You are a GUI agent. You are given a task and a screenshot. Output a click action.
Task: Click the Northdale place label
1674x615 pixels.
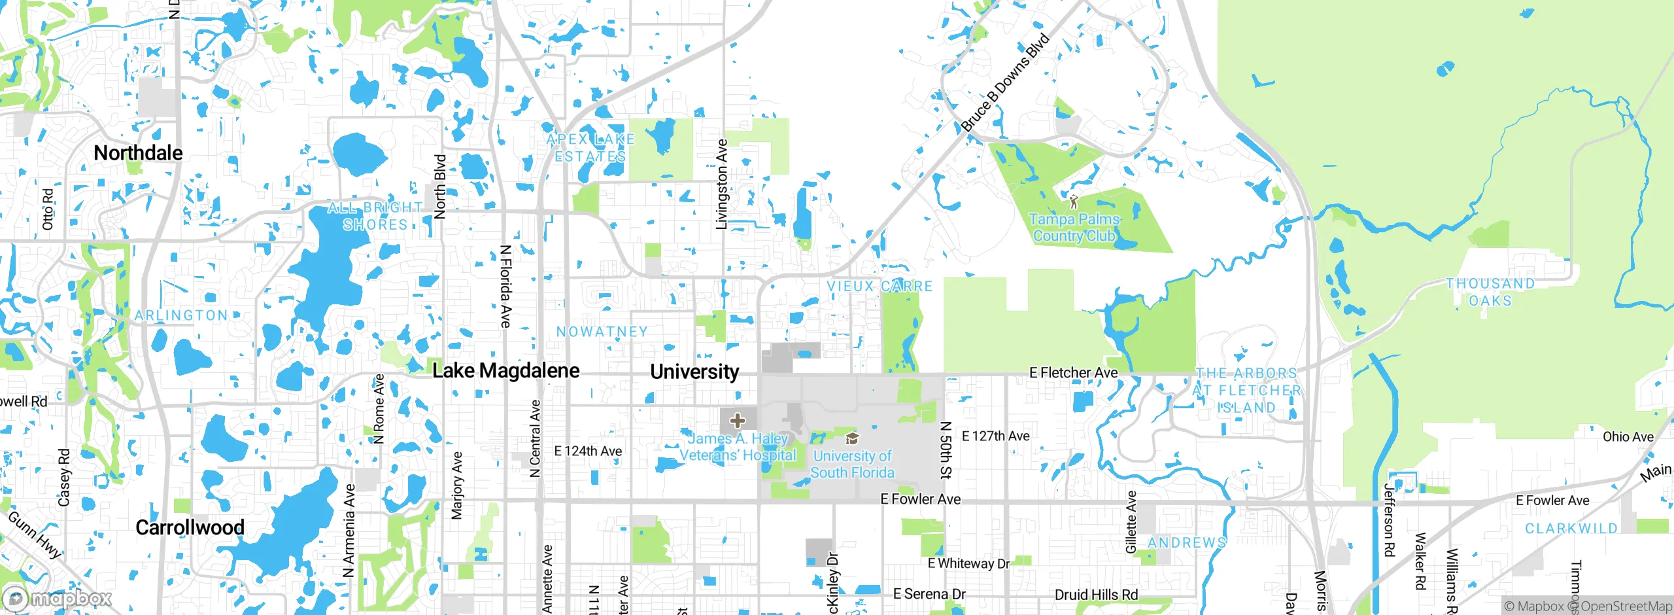click(138, 153)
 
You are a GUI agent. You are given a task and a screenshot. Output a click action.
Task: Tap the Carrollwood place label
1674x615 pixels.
click(190, 527)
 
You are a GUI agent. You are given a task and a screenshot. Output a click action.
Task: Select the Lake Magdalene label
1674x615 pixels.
click(505, 371)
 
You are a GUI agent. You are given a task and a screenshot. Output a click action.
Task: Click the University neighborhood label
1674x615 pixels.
click(694, 372)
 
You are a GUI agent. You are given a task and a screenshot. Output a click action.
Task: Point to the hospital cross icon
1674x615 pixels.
click(738, 420)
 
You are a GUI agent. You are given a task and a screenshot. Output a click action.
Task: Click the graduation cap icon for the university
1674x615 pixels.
click(851, 438)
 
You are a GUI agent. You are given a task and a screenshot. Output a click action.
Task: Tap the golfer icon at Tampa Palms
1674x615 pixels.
click(1073, 201)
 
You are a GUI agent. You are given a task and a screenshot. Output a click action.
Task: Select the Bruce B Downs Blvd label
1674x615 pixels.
click(1005, 82)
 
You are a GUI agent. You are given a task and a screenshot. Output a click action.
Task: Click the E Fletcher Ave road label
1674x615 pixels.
click(1073, 373)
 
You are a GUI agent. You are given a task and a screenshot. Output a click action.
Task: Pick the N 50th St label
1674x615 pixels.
click(946, 449)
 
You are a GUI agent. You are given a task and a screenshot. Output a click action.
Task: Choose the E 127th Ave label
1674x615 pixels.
click(995, 436)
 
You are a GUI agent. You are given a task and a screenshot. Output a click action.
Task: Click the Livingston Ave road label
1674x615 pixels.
click(722, 184)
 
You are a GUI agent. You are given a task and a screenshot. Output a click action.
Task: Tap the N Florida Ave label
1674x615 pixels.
click(505, 286)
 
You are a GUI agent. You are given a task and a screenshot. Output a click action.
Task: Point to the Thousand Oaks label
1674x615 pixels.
click(1490, 292)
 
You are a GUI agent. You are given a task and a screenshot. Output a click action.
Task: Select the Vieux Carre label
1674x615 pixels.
click(880, 287)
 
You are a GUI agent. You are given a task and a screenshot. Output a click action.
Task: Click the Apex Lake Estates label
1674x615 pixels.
click(590, 148)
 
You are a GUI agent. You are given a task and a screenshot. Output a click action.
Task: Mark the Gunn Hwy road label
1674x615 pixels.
click(35, 535)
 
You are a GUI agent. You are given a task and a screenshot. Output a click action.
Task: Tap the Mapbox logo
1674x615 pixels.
click(58, 598)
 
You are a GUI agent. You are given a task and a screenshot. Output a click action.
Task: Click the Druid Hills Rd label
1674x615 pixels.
click(1096, 595)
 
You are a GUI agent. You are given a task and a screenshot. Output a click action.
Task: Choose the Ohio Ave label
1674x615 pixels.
click(1628, 437)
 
